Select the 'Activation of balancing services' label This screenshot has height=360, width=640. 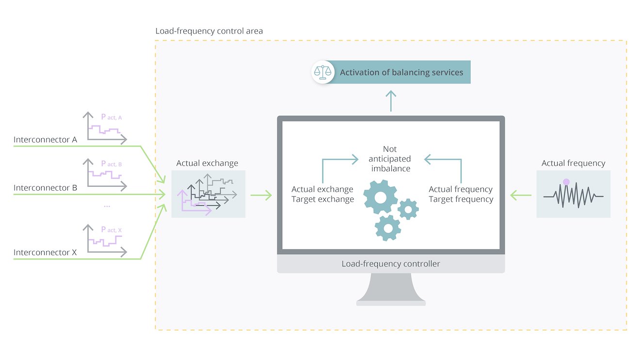coord(401,72)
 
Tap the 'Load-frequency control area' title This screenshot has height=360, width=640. coord(209,31)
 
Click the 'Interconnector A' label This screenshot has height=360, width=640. coord(45,140)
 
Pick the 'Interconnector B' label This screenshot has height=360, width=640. coord(45,188)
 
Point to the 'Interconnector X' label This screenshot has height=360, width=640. coord(45,252)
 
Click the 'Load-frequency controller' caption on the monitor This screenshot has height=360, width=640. coord(391,264)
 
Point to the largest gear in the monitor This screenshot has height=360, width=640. coord(381,196)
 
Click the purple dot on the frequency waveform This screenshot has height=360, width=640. coord(566,182)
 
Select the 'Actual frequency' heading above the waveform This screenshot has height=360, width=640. coord(573,164)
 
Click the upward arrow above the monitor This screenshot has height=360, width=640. coord(391,100)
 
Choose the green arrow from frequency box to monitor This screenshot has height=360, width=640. coord(521,196)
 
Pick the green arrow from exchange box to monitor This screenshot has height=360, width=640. coord(261,196)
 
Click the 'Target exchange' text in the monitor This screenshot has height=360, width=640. coord(322,199)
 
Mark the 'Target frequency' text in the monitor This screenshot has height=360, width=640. coord(461,199)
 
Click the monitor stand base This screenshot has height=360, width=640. coord(391,302)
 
